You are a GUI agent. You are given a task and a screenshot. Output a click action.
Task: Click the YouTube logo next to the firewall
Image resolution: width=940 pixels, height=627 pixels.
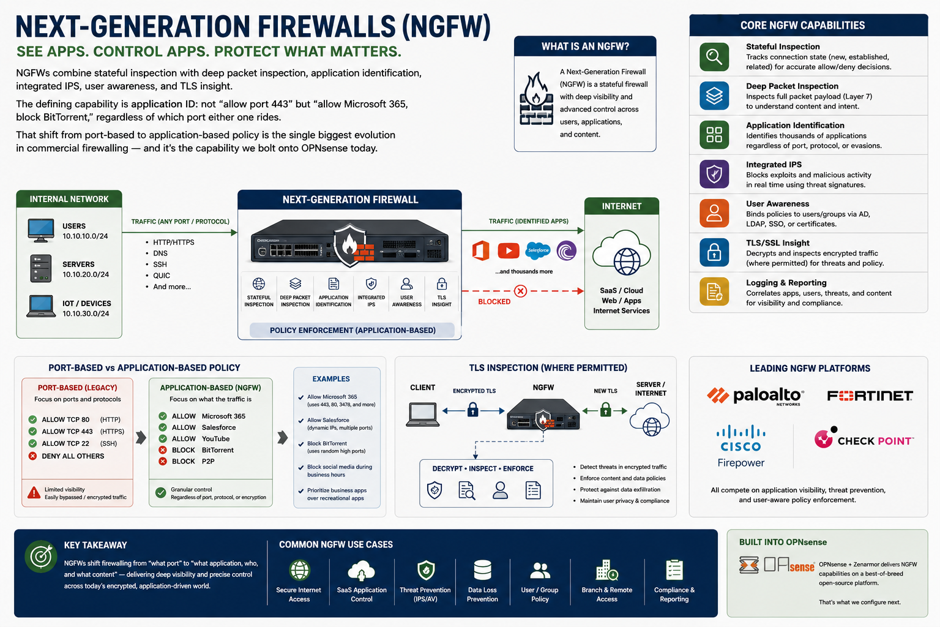tap(508, 250)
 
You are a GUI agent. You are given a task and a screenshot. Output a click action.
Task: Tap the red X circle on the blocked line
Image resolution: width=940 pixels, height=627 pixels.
tap(520, 291)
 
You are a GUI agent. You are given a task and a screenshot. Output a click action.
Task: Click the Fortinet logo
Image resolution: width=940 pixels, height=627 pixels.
tap(870, 396)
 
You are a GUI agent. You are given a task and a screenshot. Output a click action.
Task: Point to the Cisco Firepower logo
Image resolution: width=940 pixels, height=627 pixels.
tap(740, 446)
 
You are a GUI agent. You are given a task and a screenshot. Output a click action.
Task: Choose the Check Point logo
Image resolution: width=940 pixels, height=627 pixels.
tap(864, 438)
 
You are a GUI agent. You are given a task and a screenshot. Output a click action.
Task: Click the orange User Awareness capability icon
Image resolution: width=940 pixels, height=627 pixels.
tap(714, 213)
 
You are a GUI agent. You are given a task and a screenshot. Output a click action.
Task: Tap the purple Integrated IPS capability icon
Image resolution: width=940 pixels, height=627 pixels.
tap(714, 174)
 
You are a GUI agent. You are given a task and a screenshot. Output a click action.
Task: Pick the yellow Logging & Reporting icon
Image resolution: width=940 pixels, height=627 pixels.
tap(714, 291)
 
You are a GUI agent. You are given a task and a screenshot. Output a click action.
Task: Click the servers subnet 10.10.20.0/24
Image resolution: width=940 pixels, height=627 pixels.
tap(86, 275)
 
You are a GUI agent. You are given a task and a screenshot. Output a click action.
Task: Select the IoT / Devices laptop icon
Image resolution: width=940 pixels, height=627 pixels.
tap(41, 306)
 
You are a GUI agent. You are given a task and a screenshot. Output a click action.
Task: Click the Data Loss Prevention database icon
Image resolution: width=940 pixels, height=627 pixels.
tap(482, 570)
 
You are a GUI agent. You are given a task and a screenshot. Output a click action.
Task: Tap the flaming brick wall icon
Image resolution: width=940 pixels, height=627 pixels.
tap(536, 100)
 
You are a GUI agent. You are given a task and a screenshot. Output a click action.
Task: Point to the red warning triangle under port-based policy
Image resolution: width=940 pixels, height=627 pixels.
tap(34, 493)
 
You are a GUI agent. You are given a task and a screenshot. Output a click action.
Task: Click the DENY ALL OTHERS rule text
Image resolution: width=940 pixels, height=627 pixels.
tap(73, 456)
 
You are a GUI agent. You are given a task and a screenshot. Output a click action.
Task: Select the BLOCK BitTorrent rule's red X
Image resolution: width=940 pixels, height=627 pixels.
tap(163, 450)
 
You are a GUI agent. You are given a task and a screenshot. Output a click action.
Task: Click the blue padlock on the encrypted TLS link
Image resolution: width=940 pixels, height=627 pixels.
tap(473, 409)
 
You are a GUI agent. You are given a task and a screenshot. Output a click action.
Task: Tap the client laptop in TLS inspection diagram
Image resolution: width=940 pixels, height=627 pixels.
tap(423, 415)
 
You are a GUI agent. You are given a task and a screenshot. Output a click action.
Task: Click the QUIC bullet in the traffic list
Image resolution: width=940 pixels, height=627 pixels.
tap(161, 276)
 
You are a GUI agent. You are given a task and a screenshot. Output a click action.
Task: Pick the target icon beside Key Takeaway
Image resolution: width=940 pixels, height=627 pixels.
tap(41, 557)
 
